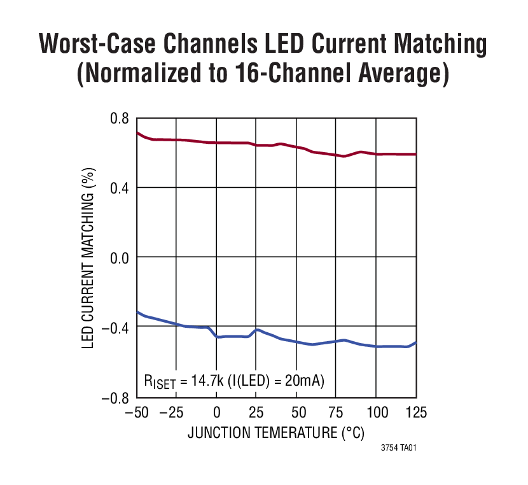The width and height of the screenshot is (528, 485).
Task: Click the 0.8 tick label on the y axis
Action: pyautogui.click(x=120, y=118)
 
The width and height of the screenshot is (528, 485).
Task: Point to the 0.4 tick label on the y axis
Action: pyautogui.click(x=120, y=188)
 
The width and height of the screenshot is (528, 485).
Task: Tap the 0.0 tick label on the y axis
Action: pyautogui.click(x=120, y=257)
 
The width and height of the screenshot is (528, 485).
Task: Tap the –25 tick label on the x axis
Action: pyautogui.click(x=171, y=412)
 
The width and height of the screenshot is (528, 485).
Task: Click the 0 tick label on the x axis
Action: pyautogui.click(x=216, y=412)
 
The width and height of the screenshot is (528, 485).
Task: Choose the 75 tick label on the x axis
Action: pyautogui.click(x=337, y=412)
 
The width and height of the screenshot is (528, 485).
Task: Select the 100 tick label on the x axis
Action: pyautogui.click(x=376, y=412)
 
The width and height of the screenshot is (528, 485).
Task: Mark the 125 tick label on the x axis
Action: pyautogui.click(x=415, y=412)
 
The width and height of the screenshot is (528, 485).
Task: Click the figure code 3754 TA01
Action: pyautogui.click(x=398, y=449)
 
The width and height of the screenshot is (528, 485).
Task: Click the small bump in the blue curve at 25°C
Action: pyautogui.click(x=256, y=330)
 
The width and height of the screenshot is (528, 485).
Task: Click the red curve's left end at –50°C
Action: pyautogui.click(x=138, y=132)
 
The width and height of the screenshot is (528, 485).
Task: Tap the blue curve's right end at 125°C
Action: pyautogui.click(x=415, y=342)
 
